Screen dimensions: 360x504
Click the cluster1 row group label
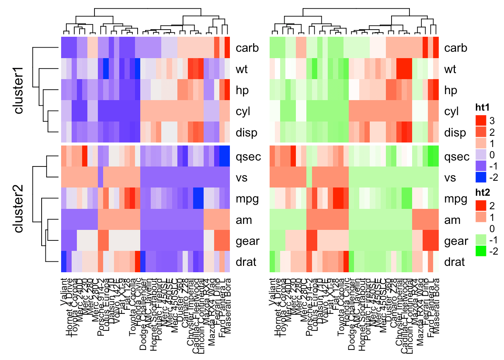pyautogui.click(x=18, y=90)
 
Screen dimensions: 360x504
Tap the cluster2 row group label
pyautogui.click(x=18, y=208)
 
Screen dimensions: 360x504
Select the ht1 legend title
pyautogui.click(x=482, y=108)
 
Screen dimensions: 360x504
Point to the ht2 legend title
pyautogui.click(x=482, y=193)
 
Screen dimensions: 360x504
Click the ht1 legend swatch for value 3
pyautogui.click(x=481, y=120)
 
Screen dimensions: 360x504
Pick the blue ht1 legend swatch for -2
pyautogui.click(x=481, y=177)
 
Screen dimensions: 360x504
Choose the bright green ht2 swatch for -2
pyautogui.click(x=481, y=251)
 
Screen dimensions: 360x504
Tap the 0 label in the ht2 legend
pyautogui.click(x=492, y=228)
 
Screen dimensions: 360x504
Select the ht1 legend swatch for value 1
pyautogui.click(x=481, y=143)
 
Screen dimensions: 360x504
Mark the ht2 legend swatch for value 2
pyautogui.click(x=481, y=205)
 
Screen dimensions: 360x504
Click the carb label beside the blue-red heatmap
pyautogui.click(x=247, y=48)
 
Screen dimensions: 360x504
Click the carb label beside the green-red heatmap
pyautogui.click(x=456, y=48)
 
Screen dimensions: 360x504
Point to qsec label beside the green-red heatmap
pyautogui.click(x=456, y=157)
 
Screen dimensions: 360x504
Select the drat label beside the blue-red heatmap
pyautogui.click(x=246, y=262)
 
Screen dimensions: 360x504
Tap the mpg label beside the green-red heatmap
pyautogui.click(x=456, y=199)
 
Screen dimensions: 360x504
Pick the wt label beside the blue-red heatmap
pyautogui.click(x=241, y=69)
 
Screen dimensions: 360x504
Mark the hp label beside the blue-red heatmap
pyautogui.click(x=242, y=90)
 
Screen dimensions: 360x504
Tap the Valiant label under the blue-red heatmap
pyautogui.click(x=64, y=291)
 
